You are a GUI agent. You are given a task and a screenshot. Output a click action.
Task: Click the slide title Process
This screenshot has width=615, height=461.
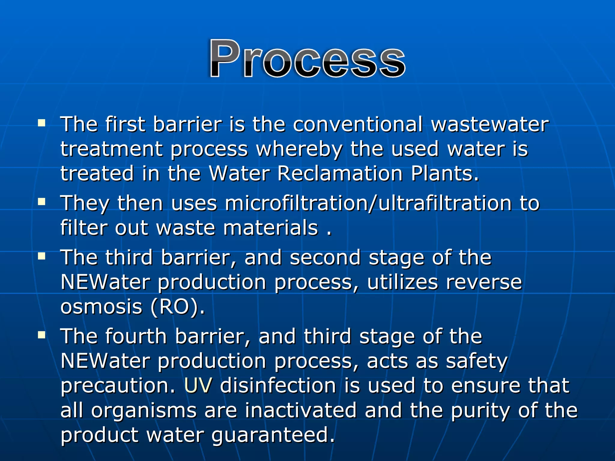[307, 59]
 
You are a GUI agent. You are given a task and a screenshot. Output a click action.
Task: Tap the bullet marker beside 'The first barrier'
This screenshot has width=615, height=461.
[42, 123]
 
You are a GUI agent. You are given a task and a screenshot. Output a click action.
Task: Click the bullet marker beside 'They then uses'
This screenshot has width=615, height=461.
[42, 202]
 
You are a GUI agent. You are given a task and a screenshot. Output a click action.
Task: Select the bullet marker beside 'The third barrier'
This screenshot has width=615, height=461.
[42, 256]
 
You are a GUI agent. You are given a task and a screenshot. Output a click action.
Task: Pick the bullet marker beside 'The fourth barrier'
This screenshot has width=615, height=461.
[42, 335]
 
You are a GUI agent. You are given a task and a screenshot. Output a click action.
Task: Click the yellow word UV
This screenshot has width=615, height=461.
[198, 385]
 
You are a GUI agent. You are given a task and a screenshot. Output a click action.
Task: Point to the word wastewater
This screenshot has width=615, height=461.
[490, 124]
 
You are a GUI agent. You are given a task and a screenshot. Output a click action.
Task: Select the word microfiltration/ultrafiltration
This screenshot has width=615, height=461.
[368, 203]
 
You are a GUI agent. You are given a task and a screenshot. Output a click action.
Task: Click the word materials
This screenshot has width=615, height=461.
[270, 228]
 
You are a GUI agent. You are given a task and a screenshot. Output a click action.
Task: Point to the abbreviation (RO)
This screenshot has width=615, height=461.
[177, 307]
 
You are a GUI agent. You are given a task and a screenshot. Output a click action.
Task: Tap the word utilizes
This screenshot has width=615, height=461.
[402, 283]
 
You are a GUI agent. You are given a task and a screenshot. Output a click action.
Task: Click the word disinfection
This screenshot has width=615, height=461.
[278, 385]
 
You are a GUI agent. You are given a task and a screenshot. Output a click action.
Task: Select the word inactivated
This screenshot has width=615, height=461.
[301, 410]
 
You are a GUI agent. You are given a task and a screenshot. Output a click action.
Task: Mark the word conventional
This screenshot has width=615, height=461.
[357, 124]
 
